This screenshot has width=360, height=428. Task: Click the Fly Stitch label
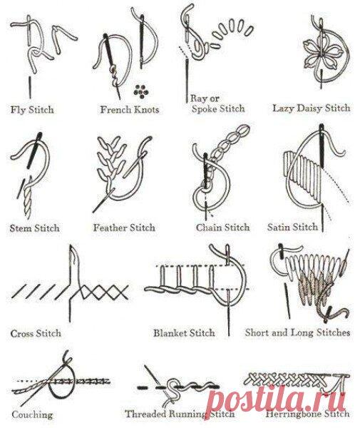[x=32, y=110]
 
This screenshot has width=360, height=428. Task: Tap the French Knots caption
[x=130, y=110]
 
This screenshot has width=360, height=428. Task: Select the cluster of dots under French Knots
[x=141, y=91]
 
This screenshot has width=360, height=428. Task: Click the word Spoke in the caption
[x=205, y=108]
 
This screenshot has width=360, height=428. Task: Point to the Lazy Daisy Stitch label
[x=312, y=108]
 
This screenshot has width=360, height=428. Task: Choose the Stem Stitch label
[x=34, y=228]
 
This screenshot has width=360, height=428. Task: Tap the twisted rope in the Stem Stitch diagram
[x=27, y=199]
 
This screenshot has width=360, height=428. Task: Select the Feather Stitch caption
[x=124, y=228]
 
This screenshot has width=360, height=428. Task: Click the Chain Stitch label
[x=223, y=228]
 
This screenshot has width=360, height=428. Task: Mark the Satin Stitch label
[x=293, y=227]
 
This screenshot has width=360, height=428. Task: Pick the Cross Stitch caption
[x=36, y=333]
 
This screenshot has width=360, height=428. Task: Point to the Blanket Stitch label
[x=184, y=333]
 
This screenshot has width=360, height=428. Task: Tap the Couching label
[x=32, y=415]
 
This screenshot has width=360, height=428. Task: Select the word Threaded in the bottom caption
[x=145, y=414]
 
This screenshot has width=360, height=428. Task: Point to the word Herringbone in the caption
[x=293, y=414]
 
